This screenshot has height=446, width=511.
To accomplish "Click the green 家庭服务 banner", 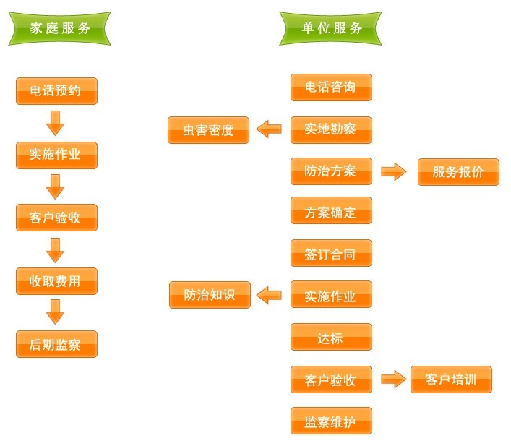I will (x=60, y=29).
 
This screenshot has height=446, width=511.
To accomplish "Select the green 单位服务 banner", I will (x=332, y=29).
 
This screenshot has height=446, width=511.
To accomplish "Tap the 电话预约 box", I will (x=56, y=91).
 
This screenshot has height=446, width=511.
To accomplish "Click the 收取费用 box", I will (x=56, y=281).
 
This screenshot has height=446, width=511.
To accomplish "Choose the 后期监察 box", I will (x=56, y=344).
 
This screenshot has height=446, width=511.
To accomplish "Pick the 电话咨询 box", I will (x=331, y=87).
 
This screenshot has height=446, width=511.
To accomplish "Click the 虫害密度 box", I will (x=208, y=130).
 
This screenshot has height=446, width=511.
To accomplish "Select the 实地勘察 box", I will (x=331, y=129).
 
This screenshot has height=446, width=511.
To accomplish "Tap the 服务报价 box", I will (x=458, y=172).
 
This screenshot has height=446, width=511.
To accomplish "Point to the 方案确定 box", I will (x=331, y=213).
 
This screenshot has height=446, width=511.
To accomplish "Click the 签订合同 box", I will (x=331, y=254).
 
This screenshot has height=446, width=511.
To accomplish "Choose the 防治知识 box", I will (x=210, y=295).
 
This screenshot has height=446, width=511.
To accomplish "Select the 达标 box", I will (x=331, y=337).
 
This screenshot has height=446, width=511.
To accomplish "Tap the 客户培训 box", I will (x=451, y=379).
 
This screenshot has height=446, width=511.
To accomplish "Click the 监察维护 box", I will (x=331, y=421).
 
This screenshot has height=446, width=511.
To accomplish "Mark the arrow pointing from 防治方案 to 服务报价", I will (x=394, y=171).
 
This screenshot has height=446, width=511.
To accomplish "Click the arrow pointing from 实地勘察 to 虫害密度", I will (x=269, y=129).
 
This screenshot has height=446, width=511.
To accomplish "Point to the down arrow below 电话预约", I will (x=56, y=123).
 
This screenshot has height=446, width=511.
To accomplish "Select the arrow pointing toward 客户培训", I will (x=394, y=379).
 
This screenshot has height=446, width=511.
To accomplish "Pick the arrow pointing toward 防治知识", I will (x=269, y=295).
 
